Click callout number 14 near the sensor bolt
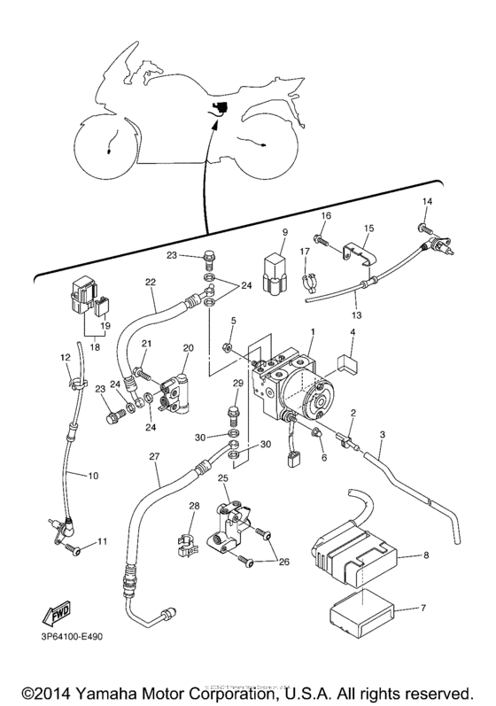(428, 203)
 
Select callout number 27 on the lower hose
(154, 458)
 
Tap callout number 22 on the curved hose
(151, 283)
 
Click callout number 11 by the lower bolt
(102, 541)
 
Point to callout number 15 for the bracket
(369, 228)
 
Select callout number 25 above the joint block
(223, 477)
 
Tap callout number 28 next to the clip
(193, 506)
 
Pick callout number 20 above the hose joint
(188, 347)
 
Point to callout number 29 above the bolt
(237, 383)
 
